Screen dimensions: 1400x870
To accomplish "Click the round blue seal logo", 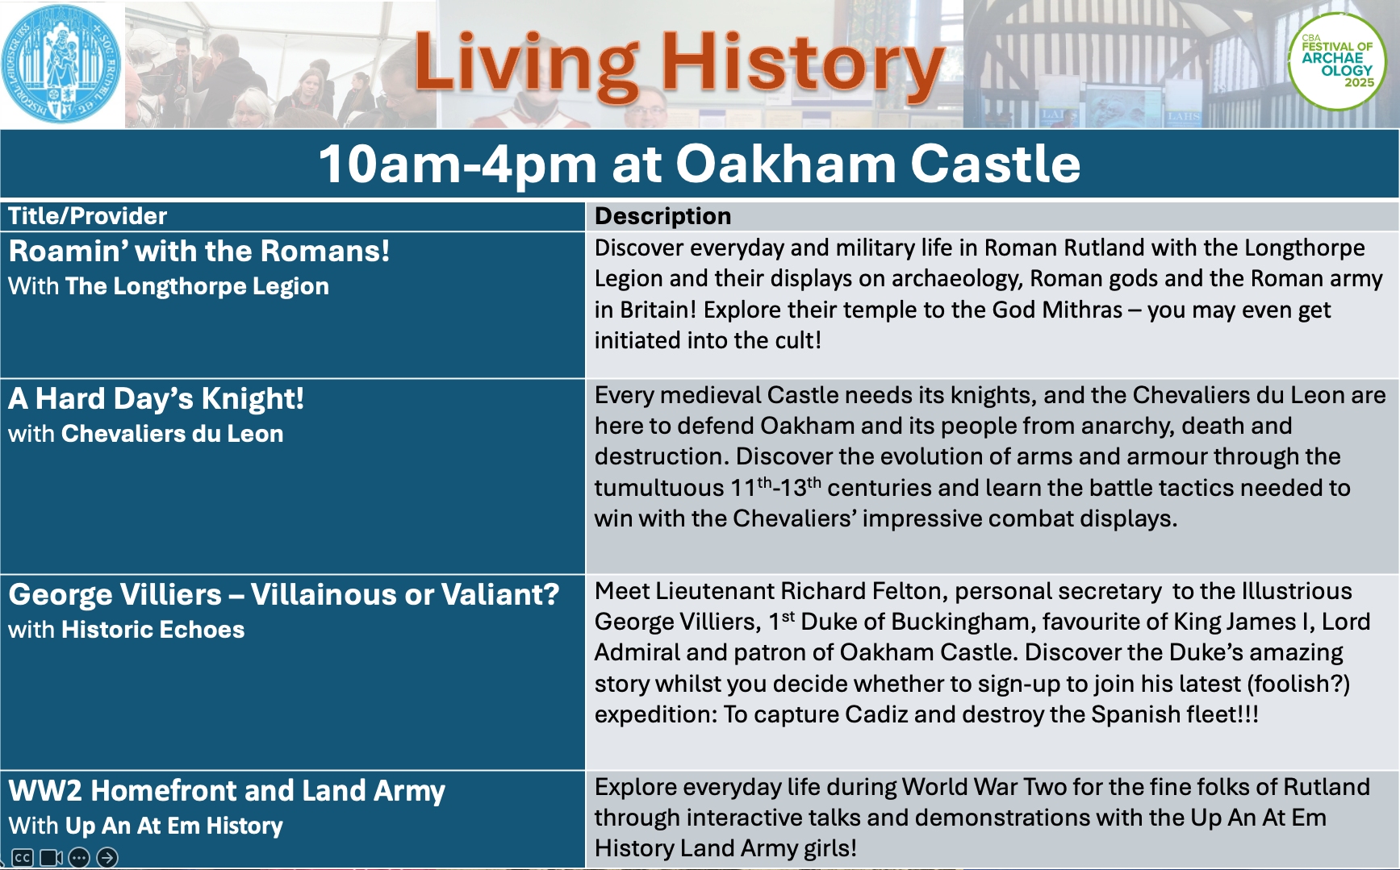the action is click(61, 65).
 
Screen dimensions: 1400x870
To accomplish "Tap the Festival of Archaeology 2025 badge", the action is click(1336, 62).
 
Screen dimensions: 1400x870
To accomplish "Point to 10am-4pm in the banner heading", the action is click(458, 165).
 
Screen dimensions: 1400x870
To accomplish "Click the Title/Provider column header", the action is click(87, 216).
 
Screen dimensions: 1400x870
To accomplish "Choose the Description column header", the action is click(662, 216).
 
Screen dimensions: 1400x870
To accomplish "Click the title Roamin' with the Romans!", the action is click(199, 251).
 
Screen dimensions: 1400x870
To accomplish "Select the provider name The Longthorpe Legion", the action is click(198, 286).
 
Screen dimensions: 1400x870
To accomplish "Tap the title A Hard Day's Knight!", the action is click(156, 399).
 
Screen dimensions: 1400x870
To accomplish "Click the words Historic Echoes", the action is click(153, 630).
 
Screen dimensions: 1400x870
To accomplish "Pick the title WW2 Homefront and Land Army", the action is click(227, 791).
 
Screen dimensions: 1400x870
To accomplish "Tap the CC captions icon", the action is click(22, 857).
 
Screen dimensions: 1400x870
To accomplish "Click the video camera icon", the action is click(51, 857).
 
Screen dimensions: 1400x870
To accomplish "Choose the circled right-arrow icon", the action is click(107, 857).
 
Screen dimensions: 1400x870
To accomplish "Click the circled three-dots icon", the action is click(79, 857).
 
